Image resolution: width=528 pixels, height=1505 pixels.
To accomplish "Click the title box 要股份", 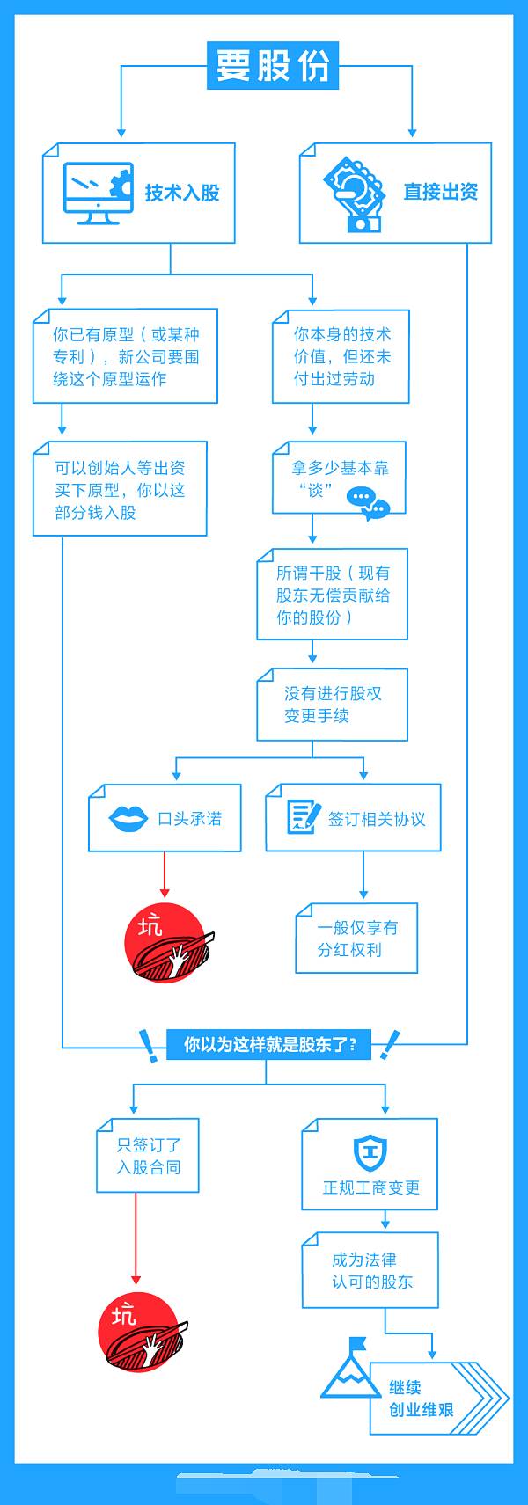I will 272,65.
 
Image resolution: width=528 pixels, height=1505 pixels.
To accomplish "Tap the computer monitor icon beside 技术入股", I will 98,193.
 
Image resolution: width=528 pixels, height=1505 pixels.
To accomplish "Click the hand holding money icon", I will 355,193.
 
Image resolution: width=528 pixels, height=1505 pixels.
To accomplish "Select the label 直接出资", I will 440,192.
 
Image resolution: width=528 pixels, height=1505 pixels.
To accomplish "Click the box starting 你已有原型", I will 125,356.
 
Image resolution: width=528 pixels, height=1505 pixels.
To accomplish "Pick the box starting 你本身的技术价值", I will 341,356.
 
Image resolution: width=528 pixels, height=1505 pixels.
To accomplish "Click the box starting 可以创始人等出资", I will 120,489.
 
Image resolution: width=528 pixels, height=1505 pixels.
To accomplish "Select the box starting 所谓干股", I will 332,595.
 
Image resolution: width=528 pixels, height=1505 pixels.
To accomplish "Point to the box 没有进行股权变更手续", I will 332,705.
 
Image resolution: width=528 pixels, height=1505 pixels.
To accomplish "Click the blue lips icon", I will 128,819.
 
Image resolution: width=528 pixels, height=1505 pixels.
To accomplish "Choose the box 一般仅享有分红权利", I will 356,939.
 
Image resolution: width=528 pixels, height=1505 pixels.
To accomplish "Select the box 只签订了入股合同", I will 148,1156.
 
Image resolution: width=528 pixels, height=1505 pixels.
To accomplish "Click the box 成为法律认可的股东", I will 370,1270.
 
